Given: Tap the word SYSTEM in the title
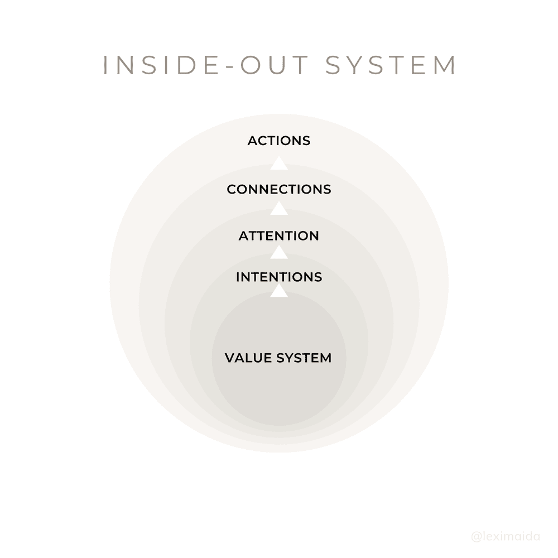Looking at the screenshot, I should click(x=391, y=65).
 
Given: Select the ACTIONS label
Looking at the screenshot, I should click(x=279, y=141).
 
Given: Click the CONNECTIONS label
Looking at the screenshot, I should click(x=279, y=190).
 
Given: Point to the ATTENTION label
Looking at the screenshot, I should click(x=279, y=236).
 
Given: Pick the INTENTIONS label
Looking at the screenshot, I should click(x=279, y=277).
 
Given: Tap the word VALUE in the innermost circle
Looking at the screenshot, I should click(x=249, y=358).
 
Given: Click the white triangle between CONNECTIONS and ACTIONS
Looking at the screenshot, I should click(x=279, y=163).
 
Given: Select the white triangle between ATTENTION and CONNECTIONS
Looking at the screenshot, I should click(x=279, y=209).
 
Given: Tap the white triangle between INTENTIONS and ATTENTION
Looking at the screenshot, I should click(x=279, y=253).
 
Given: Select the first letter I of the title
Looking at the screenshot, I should click(x=107, y=65).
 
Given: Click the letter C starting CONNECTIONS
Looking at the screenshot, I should click(x=232, y=190).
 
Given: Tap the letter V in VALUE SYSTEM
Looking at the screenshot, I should click(x=229, y=358).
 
